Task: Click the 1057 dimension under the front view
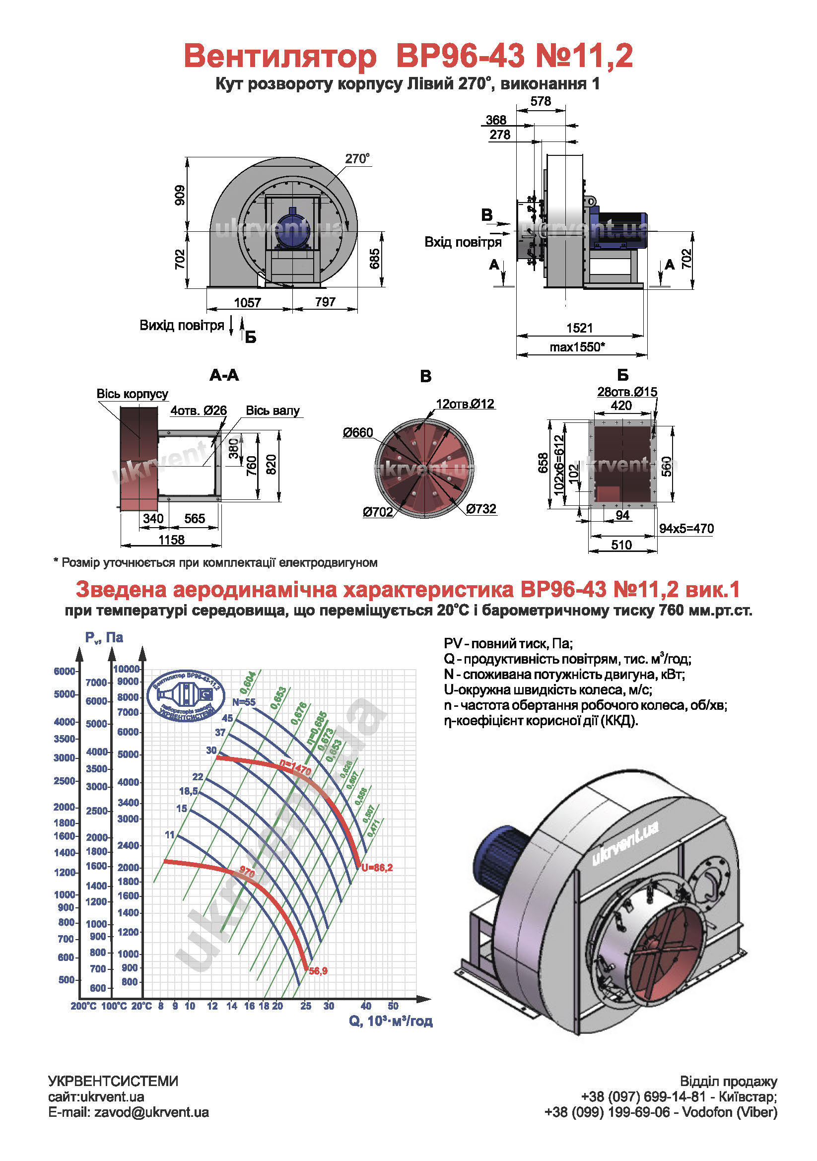tap(247, 302)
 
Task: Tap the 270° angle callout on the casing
tap(357, 158)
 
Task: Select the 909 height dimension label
tap(180, 195)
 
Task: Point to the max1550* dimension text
tap(577, 347)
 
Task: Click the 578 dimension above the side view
tap(541, 101)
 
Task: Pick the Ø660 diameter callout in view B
tap(357, 432)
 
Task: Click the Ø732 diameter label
tap(481, 509)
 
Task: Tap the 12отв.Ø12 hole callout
tap(465, 404)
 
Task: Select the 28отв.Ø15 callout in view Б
tap(627, 391)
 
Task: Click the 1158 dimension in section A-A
tap(171, 540)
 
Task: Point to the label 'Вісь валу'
tap(272, 410)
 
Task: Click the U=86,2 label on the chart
tap(377, 868)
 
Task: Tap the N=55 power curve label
tap(244, 702)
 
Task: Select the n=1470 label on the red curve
tap(295, 768)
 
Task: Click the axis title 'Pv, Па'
tap(104, 638)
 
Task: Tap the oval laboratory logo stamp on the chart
tap(186, 696)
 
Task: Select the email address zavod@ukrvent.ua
tap(151, 1112)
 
